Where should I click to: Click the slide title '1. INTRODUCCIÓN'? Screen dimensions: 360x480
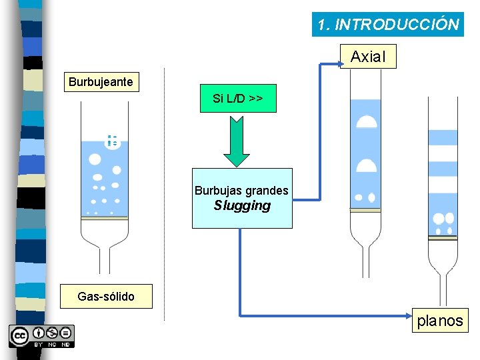click(x=388, y=25)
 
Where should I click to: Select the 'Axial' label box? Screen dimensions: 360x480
click(x=367, y=57)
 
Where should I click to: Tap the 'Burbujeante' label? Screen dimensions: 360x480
click(x=101, y=83)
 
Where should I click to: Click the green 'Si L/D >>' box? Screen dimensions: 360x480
click(x=237, y=99)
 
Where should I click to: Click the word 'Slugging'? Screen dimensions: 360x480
click(x=242, y=206)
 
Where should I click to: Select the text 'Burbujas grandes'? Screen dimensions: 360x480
click(x=241, y=191)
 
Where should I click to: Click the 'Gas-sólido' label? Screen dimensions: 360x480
click(x=106, y=296)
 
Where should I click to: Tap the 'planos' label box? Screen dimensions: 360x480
click(x=439, y=321)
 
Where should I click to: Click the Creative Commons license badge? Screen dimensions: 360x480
click(x=41, y=336)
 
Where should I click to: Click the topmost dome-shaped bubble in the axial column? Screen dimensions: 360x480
click(x=366, y=121)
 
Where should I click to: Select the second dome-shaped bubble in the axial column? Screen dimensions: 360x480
click(x=366, y=165)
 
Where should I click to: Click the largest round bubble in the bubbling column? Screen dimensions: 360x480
click(x=95, y=159)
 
